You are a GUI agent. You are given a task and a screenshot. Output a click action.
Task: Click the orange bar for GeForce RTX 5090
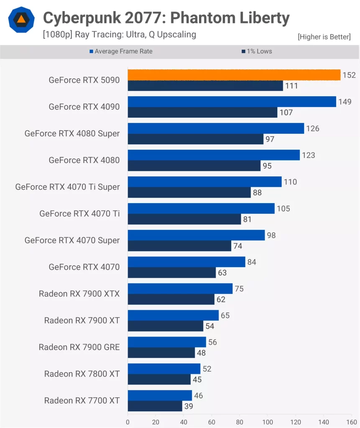click(x=234, y=75)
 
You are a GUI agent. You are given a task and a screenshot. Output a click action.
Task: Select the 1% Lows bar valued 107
click(x=202, y=112)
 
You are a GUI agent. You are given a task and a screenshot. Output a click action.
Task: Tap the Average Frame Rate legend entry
click(x=121, y=51)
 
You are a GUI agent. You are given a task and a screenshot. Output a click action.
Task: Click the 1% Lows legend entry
click(x=257, y=51)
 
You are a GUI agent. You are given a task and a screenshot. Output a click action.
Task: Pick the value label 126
click(x=312, y=128)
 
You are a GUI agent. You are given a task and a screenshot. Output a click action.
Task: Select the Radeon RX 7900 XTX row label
click(x=79, y=293)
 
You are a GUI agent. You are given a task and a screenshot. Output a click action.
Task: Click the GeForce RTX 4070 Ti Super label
click(x=67, y=187)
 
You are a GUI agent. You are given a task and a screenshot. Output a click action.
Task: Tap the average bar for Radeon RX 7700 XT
click(x=160, y=395)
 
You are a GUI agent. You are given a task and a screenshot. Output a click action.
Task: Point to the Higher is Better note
click(x=324, y=37)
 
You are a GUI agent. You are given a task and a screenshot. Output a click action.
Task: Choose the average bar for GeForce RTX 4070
click(x=186, y=262)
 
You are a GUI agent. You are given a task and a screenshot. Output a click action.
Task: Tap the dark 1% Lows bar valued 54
click(x=165, y=326)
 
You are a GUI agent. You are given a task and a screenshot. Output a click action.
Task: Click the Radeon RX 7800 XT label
click(x=82, y=374)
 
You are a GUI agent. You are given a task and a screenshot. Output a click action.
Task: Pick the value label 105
click(x=283, y=209)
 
